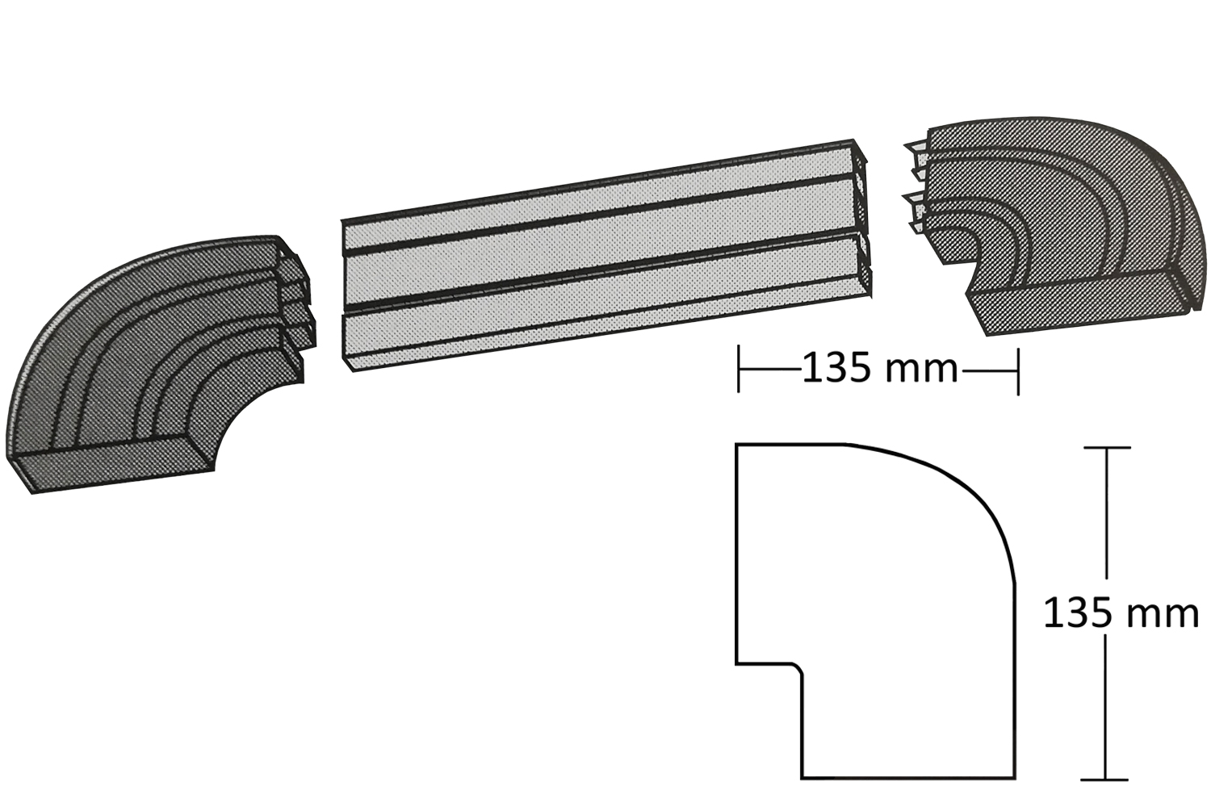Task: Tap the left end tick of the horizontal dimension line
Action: pyautogui.click(x=739, y=370)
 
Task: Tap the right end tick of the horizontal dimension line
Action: pyautogui.click(x=1018, y=372)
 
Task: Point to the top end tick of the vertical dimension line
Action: pyautogui.click(x=1106, y=448)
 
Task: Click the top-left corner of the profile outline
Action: pyautogui.click(x=736, y=445)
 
